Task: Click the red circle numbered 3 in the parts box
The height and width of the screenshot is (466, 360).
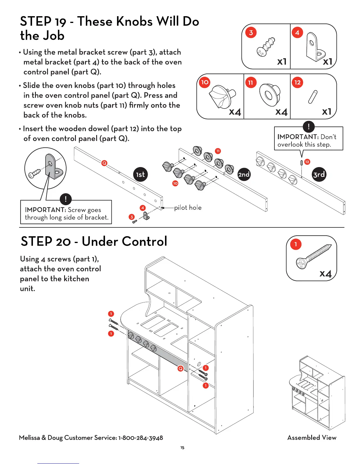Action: point(251,33)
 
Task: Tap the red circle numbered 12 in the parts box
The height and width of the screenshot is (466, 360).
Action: point(297,82)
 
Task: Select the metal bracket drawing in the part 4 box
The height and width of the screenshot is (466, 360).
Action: point(315,47)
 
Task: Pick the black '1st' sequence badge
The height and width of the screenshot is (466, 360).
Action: point(140,174)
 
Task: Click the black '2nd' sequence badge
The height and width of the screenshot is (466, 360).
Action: point(244,174)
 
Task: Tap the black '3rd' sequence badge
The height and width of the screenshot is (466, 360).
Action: point(319,174)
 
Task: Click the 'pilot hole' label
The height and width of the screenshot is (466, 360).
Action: point(188,208)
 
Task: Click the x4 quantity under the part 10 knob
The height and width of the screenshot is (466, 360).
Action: point(235,112)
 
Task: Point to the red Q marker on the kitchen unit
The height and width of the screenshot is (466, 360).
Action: point(181,368)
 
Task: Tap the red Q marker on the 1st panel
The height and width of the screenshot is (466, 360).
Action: point(104,163)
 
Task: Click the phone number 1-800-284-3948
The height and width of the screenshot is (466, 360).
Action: point(141,438)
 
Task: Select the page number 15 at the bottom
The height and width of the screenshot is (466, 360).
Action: point(182,448)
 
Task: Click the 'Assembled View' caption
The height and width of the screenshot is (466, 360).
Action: point(312,438)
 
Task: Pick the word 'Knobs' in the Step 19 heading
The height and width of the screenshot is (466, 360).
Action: point(134,22)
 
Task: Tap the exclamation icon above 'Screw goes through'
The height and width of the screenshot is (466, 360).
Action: point(66,199)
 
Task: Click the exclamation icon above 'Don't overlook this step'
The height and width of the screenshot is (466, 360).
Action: point(309,127)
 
